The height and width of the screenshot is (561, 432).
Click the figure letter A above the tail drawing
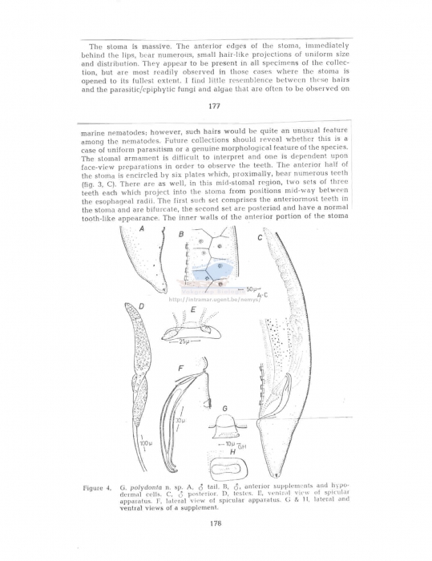(x=141, y=228)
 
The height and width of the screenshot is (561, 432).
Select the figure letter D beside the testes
(x=142, y=308)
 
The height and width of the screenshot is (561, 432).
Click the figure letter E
(x=193, y=309)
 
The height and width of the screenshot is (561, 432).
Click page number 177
(x=214, y=106)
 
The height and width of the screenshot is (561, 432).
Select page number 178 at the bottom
(x=215, y=523)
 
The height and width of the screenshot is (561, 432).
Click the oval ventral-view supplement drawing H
(x=231, y=466)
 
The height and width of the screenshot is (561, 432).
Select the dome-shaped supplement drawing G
(x=226, y=424)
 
